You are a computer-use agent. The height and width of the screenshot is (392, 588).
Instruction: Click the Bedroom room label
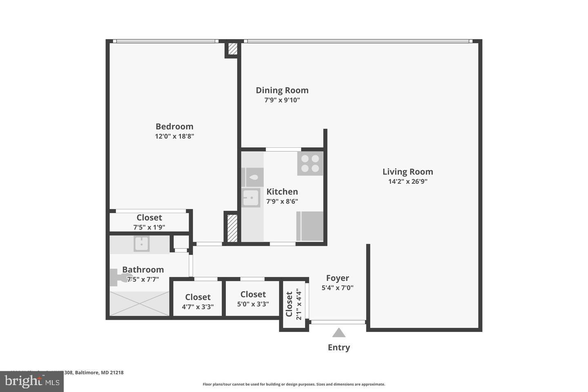pos(174,127)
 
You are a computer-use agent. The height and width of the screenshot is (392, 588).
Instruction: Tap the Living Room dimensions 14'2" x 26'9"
pos(408,182)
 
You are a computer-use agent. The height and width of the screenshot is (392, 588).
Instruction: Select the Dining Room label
pos(282,90)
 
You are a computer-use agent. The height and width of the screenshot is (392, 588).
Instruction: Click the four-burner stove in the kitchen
pos(310,163)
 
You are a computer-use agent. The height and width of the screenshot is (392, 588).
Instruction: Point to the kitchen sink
pos(250,198)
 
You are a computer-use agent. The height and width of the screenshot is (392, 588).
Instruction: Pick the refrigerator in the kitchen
pos(310,226)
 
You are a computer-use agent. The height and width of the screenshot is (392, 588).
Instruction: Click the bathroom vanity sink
pos(142,244)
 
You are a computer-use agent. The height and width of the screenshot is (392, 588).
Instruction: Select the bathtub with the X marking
pos(139,303)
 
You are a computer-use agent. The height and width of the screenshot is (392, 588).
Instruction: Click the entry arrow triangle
pos(339,333)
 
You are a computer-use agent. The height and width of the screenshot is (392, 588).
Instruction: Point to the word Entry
pos(339,347)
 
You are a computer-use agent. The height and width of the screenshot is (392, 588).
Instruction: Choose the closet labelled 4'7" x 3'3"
pos(198,302)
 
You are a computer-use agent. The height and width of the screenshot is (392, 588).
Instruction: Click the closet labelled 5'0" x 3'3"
pos(253,299)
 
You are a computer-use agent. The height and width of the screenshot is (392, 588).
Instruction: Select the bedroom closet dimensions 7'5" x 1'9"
pos(149,227)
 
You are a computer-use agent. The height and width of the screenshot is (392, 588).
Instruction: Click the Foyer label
pos(337,278)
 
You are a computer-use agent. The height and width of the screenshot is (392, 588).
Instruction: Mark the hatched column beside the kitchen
pos(232,228)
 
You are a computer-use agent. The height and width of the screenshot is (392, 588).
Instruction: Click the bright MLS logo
pos(31,381)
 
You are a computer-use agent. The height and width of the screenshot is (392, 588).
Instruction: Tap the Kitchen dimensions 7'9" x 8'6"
pos(282,201)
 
